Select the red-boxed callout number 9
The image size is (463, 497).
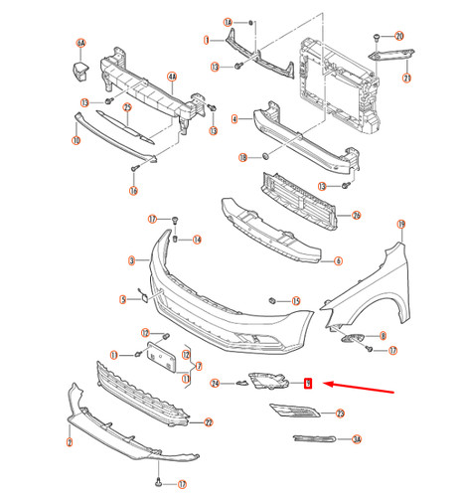(x=307, y=383)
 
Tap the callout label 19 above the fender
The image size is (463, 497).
(x=400, y=225)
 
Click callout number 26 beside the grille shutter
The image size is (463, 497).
(x=357, y=215)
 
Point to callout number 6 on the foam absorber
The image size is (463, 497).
(x=339, y=261)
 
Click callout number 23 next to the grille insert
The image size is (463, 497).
(x=339, y=413)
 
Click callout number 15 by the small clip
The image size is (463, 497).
(x=295, y=300)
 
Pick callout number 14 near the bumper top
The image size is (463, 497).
(x=197, y=240)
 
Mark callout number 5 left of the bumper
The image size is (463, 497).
(x=123, y=298)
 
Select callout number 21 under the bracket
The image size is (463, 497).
(x=405, y=77)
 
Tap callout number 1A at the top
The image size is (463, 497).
(x=228, y=21)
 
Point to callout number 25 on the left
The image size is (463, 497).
(x=128, y=106)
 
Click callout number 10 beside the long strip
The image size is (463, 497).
(x=76, y=141)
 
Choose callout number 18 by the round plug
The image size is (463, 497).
(x=243, y=157)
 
